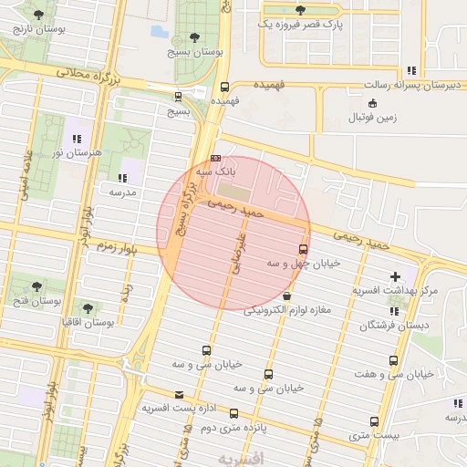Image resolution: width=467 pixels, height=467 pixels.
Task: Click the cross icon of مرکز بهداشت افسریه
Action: tap(395, 275)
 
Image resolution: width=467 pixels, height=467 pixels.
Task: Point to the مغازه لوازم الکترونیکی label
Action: tap(287, 310)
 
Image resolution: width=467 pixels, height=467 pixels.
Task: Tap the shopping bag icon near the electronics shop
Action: tap(287, 296)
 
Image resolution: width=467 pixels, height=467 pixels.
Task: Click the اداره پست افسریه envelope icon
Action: tap(178, 395)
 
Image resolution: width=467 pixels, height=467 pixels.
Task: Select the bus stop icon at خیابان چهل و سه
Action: tap(304, 249)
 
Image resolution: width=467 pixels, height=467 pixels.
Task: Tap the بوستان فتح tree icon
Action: tap(37, 286)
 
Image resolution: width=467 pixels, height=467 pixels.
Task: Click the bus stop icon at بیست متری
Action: tap(374, 421)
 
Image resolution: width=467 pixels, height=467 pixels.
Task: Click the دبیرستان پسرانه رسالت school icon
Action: tap(411, 70)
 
